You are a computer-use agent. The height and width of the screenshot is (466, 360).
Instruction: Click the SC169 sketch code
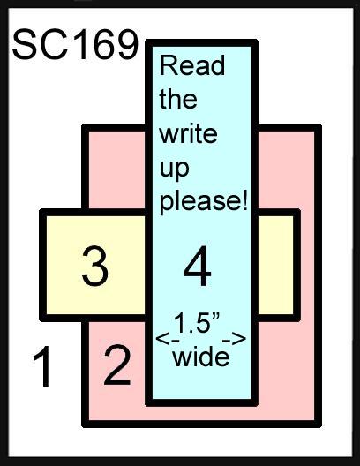pyautogui.click(x=76, y=44)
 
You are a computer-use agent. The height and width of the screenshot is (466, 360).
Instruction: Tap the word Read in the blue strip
pyautogui.click(x=192, y=65)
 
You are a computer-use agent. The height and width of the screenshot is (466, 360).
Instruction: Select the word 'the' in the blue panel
pyautogui.click(x=178, y=99)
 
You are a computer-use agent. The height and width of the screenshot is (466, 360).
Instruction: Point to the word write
pyautogui.click(x=188, y=133)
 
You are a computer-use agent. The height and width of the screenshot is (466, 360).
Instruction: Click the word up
pyautogui.click(x=175, y=169)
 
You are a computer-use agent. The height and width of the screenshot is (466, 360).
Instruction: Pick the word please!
pyautogui.click(x=204, y=201)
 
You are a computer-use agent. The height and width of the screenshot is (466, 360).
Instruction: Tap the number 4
pyautogui.click(x=198, y=266)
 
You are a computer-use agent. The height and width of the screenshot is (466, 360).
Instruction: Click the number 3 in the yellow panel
pyautogui.click(x=94, y=266)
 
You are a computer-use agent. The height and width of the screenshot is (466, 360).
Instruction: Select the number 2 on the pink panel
pyautogui.click(x=117, y=365)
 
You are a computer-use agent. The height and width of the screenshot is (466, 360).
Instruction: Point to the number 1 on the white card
pyautogui.click(x=42, y=366)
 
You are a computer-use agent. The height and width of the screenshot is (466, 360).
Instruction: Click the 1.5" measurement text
pyautogui.click(x=197, y=323)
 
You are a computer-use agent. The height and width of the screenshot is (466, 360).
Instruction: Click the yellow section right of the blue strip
pyautogui.click(x=275, y=265)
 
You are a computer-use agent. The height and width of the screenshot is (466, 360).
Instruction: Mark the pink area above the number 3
pyautogui.click(x=117, y=169)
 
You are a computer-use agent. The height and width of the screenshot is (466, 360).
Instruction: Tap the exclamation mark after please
pyautogui.click(x=244, y=200)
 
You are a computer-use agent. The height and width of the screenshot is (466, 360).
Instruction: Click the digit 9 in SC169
pyautogui.click(x=126, y=44)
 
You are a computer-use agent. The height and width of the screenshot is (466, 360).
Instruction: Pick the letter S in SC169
pyautogui.click(x=25, y=44)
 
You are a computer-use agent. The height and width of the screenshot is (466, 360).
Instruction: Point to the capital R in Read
pyautogui.click(x=168, y=65)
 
